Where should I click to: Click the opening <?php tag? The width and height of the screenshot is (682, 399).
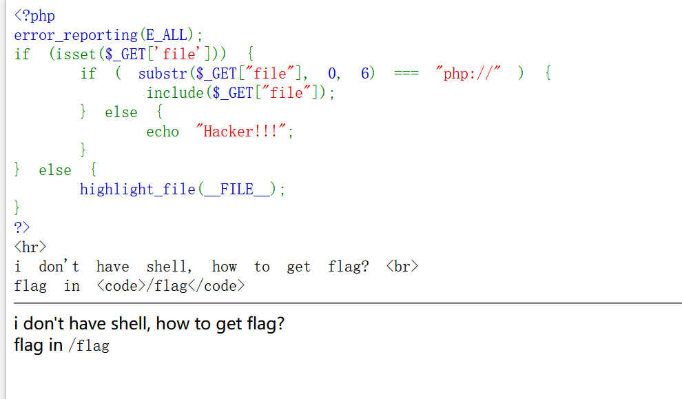coord(34,15)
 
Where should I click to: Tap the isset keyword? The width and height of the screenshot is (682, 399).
coord(72,54)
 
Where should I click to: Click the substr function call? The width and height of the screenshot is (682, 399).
coord(163,73)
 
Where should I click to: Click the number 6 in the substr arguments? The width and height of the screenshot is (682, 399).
coord(366,73)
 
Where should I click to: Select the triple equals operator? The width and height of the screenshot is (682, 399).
coord(406,74)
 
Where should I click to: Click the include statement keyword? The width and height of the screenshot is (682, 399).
coord(175,92)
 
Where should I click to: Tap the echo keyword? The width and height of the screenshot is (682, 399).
coord(163,132)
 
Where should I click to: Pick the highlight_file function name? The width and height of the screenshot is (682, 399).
coord(138,189)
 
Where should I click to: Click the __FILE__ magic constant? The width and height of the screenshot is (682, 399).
coord(237,189)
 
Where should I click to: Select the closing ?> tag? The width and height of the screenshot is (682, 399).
coord(22,227)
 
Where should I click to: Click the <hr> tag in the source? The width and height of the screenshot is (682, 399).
coord(30,247)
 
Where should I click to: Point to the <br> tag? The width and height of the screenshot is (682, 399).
coord(402,267)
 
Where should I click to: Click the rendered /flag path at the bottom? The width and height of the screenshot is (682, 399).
coord(89,346)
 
